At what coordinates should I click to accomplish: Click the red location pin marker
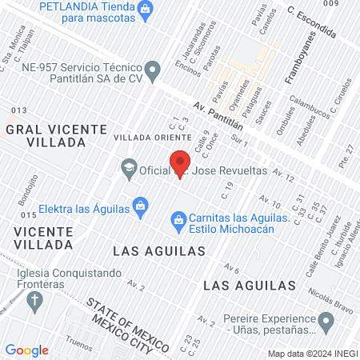(x=179, y=166)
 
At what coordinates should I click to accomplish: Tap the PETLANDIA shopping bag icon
(x=146, y=9)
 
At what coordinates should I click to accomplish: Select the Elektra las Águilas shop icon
(x=140, y=206)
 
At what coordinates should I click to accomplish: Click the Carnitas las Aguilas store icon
(x=179, y=218)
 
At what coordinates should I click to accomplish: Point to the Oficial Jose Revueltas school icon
(x=128, y=168)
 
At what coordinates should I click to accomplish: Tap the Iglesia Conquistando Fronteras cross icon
(x=34, y=302)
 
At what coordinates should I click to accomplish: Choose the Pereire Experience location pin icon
(x=325, y=322)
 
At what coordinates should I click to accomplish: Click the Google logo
(x=26, y=350)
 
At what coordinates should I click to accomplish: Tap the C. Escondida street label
(x=312, y=24)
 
